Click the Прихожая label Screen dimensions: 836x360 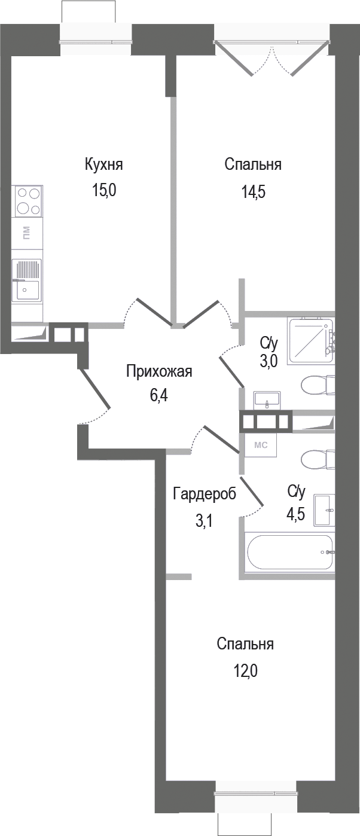pyautogui.click(x=158, y=371)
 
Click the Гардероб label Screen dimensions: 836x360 pyautogui.click(x=205, y=494)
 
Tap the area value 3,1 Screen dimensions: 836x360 pyautogui.click(x=205, y=521)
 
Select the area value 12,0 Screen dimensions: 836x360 pyautogui.click(x=245, y=672)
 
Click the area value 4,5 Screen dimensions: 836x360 pyautogui.click(x=296, y=514)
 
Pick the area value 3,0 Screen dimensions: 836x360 pyautogui.click(x=269, y=363)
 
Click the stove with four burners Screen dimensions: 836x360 pyautogui.click(x=28, y=201)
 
